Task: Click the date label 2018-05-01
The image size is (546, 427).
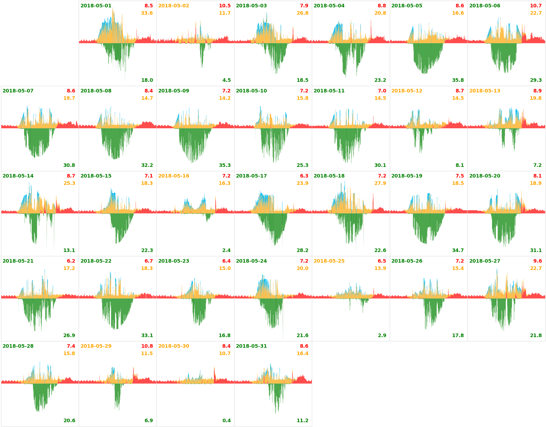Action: [96, 6]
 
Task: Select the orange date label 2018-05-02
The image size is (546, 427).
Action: [173, 6]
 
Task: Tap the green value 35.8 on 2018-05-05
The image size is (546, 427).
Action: [458, 80]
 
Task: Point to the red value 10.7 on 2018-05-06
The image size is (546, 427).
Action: [536, 6]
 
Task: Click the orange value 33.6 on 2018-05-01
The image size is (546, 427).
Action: [147, 13]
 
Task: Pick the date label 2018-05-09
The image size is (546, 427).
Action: [173, 91]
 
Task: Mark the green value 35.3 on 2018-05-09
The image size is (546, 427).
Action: [225, 165]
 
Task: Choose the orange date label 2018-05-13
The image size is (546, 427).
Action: [484, 91]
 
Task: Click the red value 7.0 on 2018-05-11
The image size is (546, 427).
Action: [382, 91]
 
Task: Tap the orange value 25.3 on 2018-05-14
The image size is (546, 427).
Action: [69, 183]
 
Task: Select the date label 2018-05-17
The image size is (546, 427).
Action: [251, 176]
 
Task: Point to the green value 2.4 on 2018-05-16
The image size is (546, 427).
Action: [226, 250]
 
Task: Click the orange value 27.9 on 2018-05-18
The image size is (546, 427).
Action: [380, 183]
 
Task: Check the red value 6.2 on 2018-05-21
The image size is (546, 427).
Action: [71, 261]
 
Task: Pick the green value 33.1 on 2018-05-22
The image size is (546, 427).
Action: [147, 335]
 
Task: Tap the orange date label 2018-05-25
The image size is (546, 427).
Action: [329, 261]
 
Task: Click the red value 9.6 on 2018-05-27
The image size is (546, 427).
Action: [537, 261]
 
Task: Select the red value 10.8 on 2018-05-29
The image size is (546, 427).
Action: [147, 346]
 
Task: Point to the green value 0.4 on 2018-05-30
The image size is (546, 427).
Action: [226, 420]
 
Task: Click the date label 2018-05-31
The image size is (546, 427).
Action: [251, 346]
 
